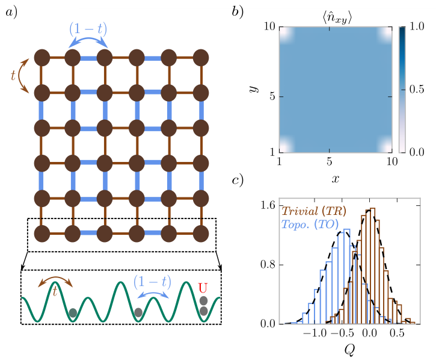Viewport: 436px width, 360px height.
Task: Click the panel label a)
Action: point(11,12)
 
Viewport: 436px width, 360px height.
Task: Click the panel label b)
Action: point(238,12)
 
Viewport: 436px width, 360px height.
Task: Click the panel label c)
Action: point(238,180)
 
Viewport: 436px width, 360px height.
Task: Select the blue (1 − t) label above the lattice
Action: point(88,29)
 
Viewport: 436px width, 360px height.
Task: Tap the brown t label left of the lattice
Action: point(13,75)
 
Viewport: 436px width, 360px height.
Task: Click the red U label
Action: point(203,288)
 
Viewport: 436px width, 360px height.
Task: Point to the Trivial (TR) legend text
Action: point(314,211)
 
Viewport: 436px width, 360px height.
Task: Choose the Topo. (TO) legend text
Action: point(310,224)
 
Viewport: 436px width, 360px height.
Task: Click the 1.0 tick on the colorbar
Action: point(417,26)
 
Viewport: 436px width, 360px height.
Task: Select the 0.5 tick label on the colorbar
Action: point(417,89)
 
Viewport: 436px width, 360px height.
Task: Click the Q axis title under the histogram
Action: point(349,349)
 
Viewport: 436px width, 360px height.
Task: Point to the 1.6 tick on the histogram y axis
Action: point(268,205)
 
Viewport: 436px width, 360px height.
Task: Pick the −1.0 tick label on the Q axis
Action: point(315,333)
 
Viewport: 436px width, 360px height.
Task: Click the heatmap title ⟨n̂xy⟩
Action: point(337,18)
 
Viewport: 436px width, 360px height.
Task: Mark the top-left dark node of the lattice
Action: point(42,58)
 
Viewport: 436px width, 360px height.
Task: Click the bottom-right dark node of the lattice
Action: point(201,234)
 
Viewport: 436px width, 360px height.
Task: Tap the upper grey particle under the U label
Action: point(203,301)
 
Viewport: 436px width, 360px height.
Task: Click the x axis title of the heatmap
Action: point(336,179)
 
